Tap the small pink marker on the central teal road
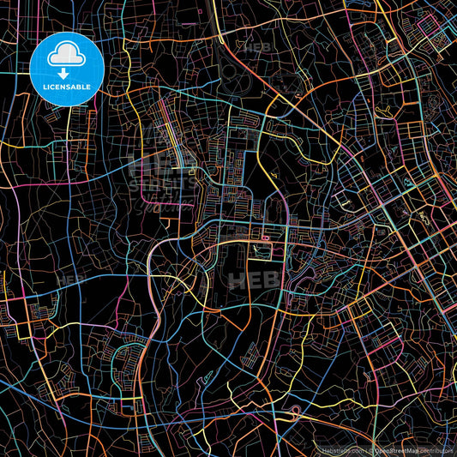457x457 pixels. click(x=266, y=235)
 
